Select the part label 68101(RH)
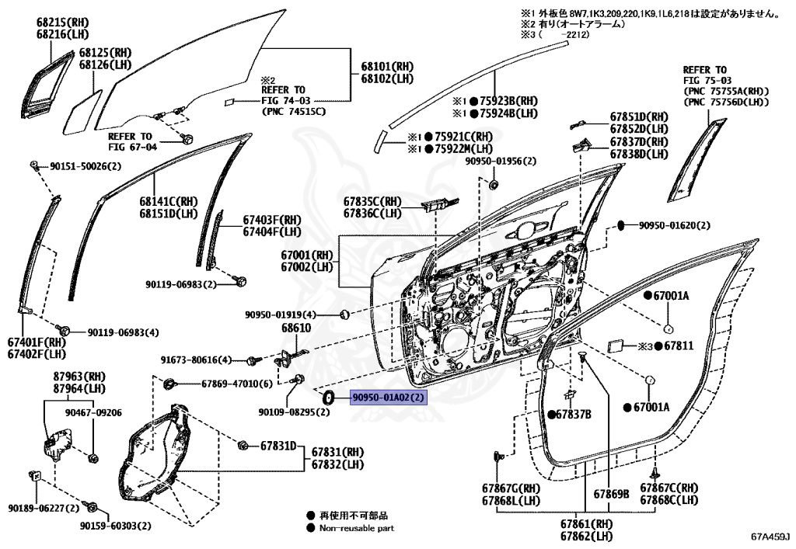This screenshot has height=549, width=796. pyautogui.click(x=386, y=68)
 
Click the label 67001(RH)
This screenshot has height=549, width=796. pyautogui.click(x=308, y=255)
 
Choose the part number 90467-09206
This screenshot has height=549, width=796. pyautogui.click(x=93, y=413)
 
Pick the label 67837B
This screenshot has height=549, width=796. pyautogui.click(x=574, y=415)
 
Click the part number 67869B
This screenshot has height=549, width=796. pyautogui.click(x=611, y=494)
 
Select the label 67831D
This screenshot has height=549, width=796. pyautogui.click(x=278, y=446)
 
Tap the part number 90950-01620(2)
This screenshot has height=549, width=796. pyautogui.click(x=675, y=226)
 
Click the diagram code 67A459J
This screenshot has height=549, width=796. pyautogui.click(x=770, y=536)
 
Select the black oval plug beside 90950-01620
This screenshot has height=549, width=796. pyautogui.click(x=622, y=225)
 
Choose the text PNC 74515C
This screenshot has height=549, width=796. pyautogui.click(x=294, y=111)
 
